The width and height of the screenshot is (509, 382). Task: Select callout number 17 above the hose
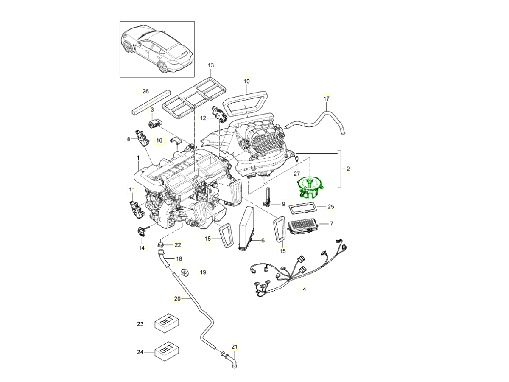[326, 99]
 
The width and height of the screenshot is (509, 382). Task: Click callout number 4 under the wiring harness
[304, 289]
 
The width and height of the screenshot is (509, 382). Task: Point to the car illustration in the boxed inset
[157, 49]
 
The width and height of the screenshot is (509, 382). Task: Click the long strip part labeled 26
[151, 102]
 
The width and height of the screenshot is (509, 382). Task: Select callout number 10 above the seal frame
[246, 81]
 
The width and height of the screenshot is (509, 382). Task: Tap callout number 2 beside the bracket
[348, 169]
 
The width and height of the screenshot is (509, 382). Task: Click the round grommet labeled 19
[185, 272]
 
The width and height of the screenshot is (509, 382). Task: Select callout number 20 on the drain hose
[178, 298]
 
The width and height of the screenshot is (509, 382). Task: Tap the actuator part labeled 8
[141, 137]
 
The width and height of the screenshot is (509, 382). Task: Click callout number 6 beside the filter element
[263, 240]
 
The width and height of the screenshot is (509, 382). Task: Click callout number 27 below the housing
[297, 173]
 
